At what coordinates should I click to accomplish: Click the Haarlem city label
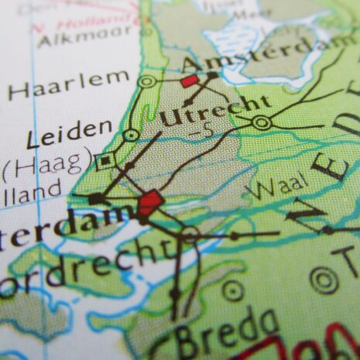tap(68, 83)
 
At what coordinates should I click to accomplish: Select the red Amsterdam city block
tap(190, 80)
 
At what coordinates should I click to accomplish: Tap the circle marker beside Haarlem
tap(146, 81)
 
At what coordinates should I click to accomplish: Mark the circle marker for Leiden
tap(132, 135)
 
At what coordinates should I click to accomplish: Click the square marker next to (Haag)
tap(106, 161)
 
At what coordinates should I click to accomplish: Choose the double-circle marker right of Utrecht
tap(262, 122)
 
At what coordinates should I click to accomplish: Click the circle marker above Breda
tap(232, 291)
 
